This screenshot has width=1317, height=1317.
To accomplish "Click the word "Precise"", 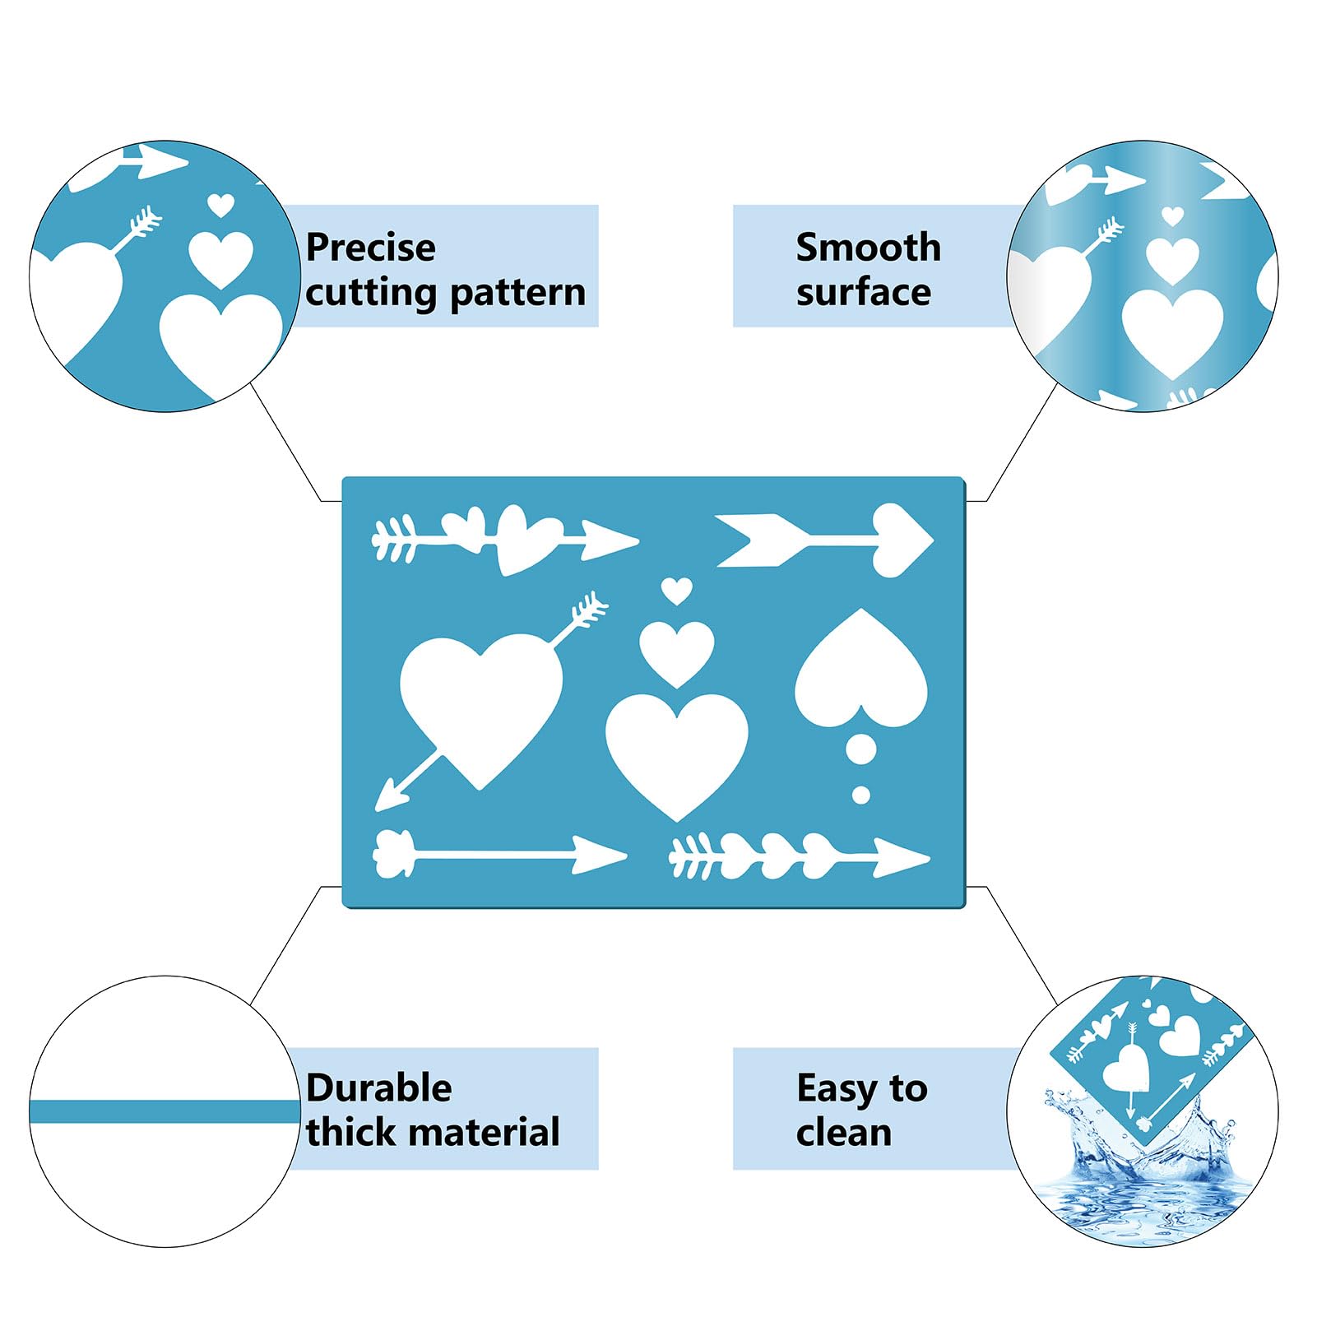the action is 370,248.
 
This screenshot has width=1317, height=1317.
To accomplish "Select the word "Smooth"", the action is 869,248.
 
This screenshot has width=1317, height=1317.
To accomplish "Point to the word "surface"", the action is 864,293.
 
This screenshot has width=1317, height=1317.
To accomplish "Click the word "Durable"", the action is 379,1088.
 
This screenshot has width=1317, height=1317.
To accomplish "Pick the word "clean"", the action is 844,1133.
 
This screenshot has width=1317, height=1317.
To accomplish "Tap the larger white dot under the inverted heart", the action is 861,749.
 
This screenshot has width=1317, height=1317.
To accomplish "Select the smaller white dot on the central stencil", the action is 861,795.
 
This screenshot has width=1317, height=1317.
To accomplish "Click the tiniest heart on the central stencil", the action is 677,591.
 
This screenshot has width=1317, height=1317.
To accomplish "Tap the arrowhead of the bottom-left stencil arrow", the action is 600,856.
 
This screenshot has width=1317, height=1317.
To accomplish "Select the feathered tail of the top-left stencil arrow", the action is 394,540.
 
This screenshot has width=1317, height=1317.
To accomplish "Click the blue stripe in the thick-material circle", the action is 165,1112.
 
